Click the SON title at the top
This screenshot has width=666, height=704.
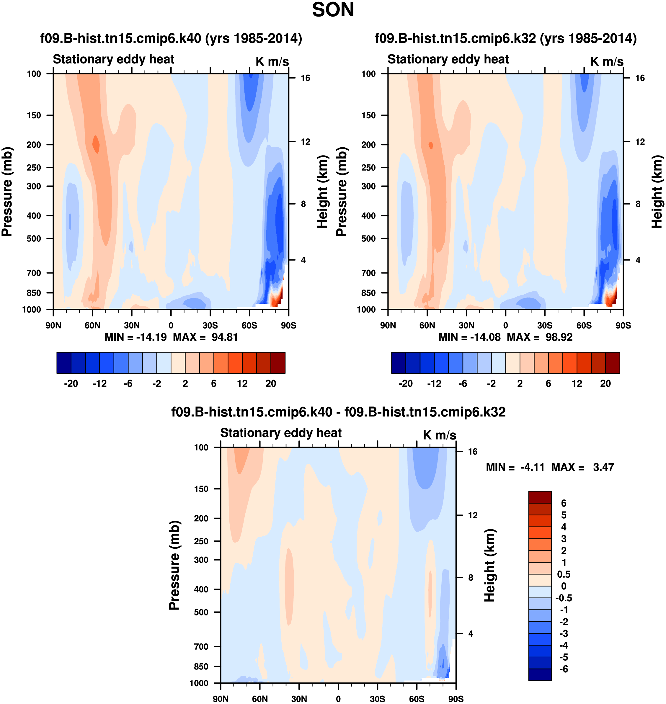point(333,10)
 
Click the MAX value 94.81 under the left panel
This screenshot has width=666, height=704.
point(224,337)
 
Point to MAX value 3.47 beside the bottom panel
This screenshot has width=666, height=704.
point(603,467)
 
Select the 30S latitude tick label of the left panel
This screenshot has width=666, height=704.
point(210,325)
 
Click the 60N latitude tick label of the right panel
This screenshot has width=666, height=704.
point(427,325)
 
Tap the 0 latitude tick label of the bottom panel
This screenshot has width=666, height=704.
point(338,699)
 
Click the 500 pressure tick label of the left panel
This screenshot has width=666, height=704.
point(34,239)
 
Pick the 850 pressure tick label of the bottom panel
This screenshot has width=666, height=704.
point(201,667)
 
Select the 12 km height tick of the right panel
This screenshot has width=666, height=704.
point(640,142)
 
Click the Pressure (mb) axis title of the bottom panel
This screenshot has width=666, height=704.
point(174,565)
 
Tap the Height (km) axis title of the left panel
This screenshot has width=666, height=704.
point(322,192)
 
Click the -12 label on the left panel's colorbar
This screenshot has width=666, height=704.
point(99,383)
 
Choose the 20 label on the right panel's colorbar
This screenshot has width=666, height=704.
point(605,383)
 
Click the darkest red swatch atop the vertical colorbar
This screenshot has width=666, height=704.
point(540,497)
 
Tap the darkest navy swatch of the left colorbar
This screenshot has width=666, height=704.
point(64,362)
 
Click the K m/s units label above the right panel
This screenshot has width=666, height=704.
point(607,61)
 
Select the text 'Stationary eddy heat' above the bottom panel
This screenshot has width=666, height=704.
point(281,433)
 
